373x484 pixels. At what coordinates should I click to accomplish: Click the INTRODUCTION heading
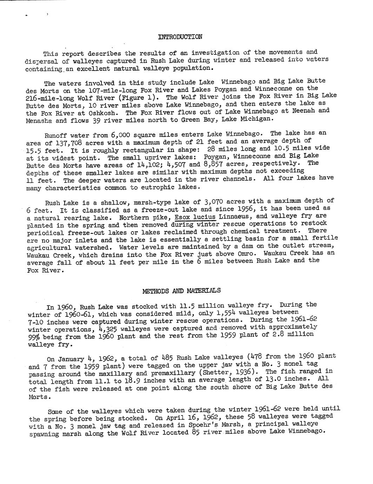click(180, 37)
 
